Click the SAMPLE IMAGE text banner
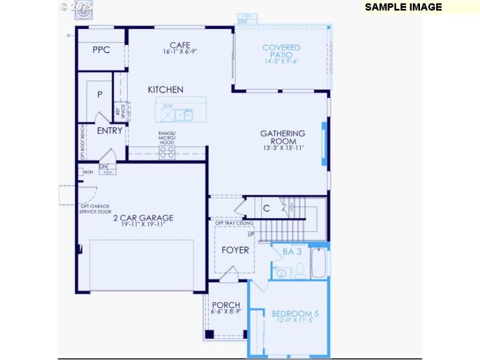403,7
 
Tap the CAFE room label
180,45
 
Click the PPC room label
101,50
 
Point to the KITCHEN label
166,89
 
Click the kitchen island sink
179,114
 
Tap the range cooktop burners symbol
167,152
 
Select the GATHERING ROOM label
283,137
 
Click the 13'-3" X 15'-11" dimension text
283,148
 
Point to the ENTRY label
110,130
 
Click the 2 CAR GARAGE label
143,218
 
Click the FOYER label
235,250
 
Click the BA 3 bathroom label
292,251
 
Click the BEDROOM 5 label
295,313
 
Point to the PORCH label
226,305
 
